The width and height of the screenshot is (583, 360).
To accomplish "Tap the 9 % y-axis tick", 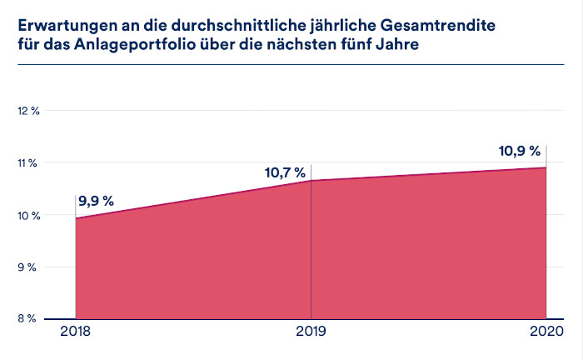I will pyautogui.click(x=29, y=267).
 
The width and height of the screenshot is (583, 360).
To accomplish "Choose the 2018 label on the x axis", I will pyautogui.click(x=76, y=334).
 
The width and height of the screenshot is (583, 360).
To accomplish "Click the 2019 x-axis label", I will pyautogui.click(x=311, y=334).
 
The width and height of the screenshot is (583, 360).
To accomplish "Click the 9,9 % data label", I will pyautogui.click(x=97, y=201).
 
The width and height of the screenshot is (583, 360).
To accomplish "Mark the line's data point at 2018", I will pyautogui.click(x=76, y=218).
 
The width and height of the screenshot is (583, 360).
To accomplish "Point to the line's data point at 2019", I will pyautogui.click(x=311, y=180).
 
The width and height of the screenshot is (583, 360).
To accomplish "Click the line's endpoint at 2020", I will pyautogui.click(x=546, y=167).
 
